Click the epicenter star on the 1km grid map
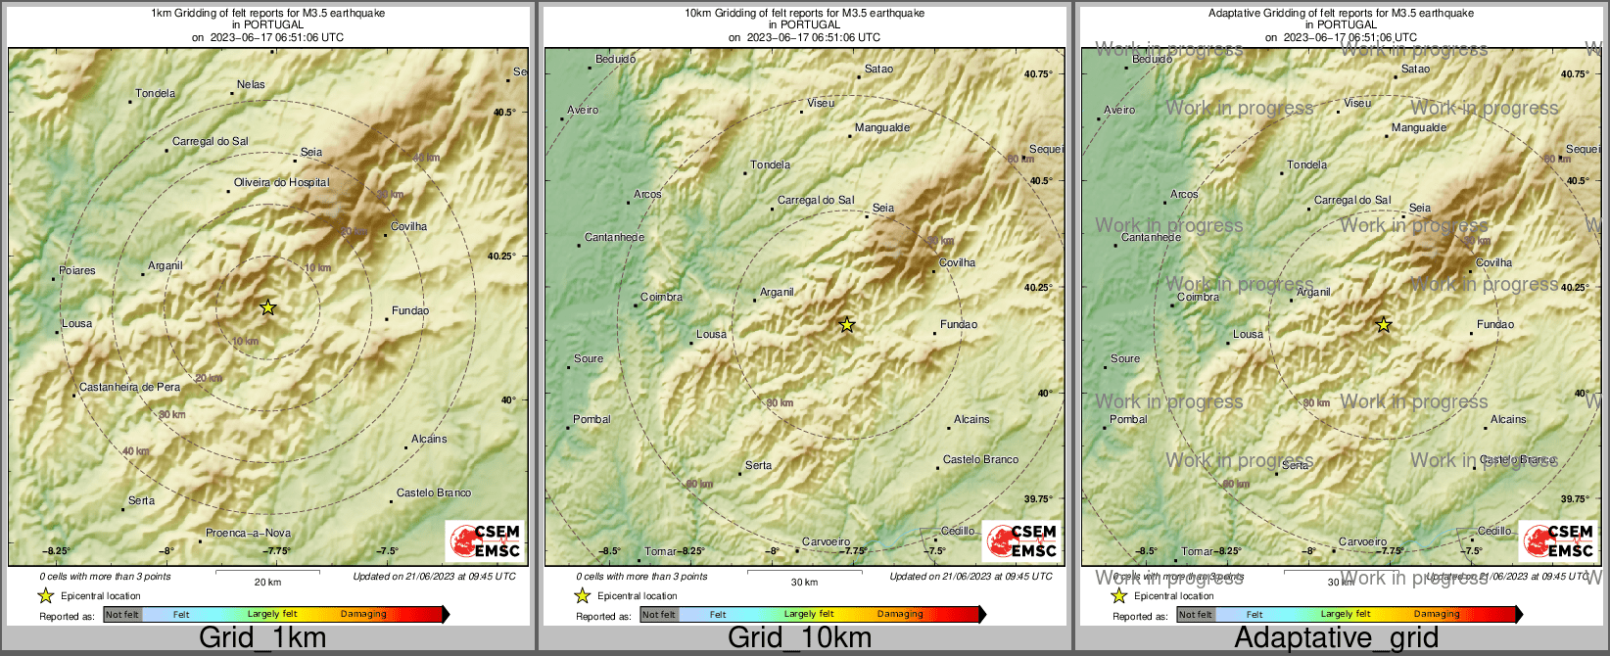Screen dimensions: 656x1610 pyautogui.click(x=268, y=307)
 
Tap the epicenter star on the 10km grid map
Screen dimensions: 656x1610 pyautogui.click(x=847, y=324)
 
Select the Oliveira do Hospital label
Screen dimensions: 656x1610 pyautogui.click(x=281, y=183)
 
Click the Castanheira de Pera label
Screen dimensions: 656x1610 pyautogui.click(x=129, y=388)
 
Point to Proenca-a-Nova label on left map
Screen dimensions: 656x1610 pyautogui.click(x=248, y=534)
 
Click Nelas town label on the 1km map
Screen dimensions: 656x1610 pyautogui.click(x=251, y=85)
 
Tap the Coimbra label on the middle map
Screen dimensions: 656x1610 pyautogui.click(x=661, y=298)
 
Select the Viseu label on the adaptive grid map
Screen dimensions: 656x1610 pyautogui.click(x=1357, y=104)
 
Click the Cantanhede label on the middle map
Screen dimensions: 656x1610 pyautogui.click(x=614, y=238)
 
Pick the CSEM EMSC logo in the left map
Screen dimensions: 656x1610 pyautogui.click(x=486, y=540)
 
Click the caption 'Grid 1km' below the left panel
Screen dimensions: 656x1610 pyautogui.click(x=262, y=638)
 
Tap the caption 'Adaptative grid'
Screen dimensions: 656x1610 pyautogui.click(x=1336, y=638)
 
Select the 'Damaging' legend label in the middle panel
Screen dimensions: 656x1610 pyautogui.click(x=900, y=615)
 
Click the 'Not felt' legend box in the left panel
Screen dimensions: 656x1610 pyautogui.click(x=122, y=615)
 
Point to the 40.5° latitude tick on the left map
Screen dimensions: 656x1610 pyautogui.click(x=503, y=113)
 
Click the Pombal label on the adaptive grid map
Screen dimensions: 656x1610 pyautogui.click(x=1128, y=420)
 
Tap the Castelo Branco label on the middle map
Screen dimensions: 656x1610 pyautogui.click(x=980, y=460)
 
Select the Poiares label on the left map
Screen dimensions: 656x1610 pyautogui.click(x=77, y=271)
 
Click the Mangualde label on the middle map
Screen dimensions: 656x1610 pyautogui.click(x=881, y=128)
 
